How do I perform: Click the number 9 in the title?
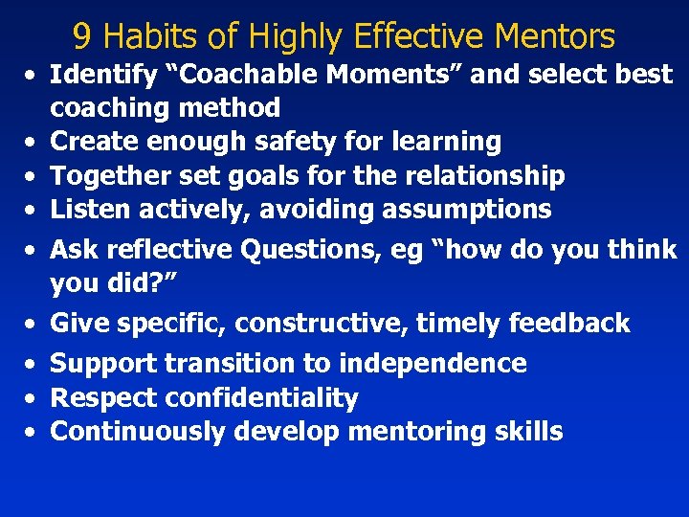(x=82, y=36)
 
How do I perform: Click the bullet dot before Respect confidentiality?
(x=32, y=398)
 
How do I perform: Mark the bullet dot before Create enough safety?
(x=32, y=143)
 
